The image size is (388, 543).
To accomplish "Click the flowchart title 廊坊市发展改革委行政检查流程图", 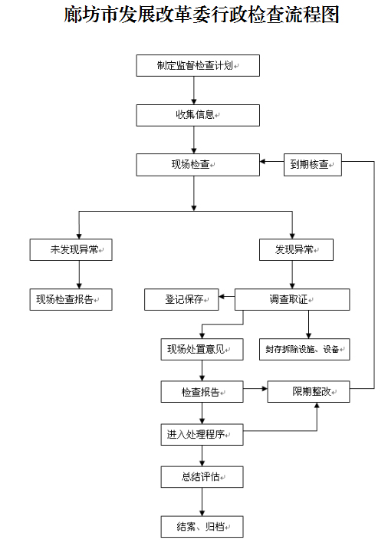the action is tap(201, 15).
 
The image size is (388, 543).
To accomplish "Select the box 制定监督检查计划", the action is tap(198, 65).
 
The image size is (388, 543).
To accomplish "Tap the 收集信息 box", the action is tap(198, 115).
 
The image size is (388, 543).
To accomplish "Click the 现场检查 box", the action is tap(198, 165).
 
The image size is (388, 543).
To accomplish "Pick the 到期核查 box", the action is tap(313, 165).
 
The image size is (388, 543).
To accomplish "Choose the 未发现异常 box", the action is tap(71, 250).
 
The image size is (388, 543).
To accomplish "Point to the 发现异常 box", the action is tap(296, 250).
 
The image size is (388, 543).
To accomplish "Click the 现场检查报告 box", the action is tap(71, 300).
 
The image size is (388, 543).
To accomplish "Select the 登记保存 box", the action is tap(182, 300).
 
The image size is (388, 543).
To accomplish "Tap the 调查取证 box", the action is tap(292, 300).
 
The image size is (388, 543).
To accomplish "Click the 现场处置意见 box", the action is tap(202, 350).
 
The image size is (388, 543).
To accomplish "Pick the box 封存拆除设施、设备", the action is tap(304, 350).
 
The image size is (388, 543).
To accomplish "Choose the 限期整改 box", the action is tap(308, 392).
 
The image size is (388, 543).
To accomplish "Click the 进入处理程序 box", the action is tap(202, 434).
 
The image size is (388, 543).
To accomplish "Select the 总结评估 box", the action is tap(202, 477).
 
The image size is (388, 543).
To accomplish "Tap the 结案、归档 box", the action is tap(202, 527).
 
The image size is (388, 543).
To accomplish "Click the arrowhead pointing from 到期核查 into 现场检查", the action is tap(262, 161).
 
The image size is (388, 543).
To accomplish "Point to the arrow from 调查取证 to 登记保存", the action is tap(227, 297).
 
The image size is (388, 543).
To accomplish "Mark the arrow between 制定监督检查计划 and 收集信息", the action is tap(194, 90).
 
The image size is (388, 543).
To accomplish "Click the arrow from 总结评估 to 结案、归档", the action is tap(202, 502).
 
